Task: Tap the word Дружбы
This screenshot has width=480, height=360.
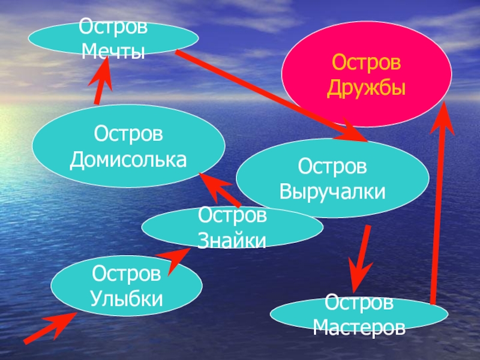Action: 367,89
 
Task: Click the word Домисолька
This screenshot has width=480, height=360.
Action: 128,160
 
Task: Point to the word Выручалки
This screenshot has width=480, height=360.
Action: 332,193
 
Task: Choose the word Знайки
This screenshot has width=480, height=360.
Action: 232,241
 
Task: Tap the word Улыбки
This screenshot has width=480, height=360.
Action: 127,298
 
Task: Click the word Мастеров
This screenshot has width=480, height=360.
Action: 359,327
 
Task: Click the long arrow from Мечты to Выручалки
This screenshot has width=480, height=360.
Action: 270,96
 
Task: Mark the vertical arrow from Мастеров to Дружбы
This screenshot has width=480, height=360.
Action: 439,204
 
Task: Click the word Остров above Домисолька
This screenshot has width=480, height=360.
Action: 128,133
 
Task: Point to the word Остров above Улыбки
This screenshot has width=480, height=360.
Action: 127,274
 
